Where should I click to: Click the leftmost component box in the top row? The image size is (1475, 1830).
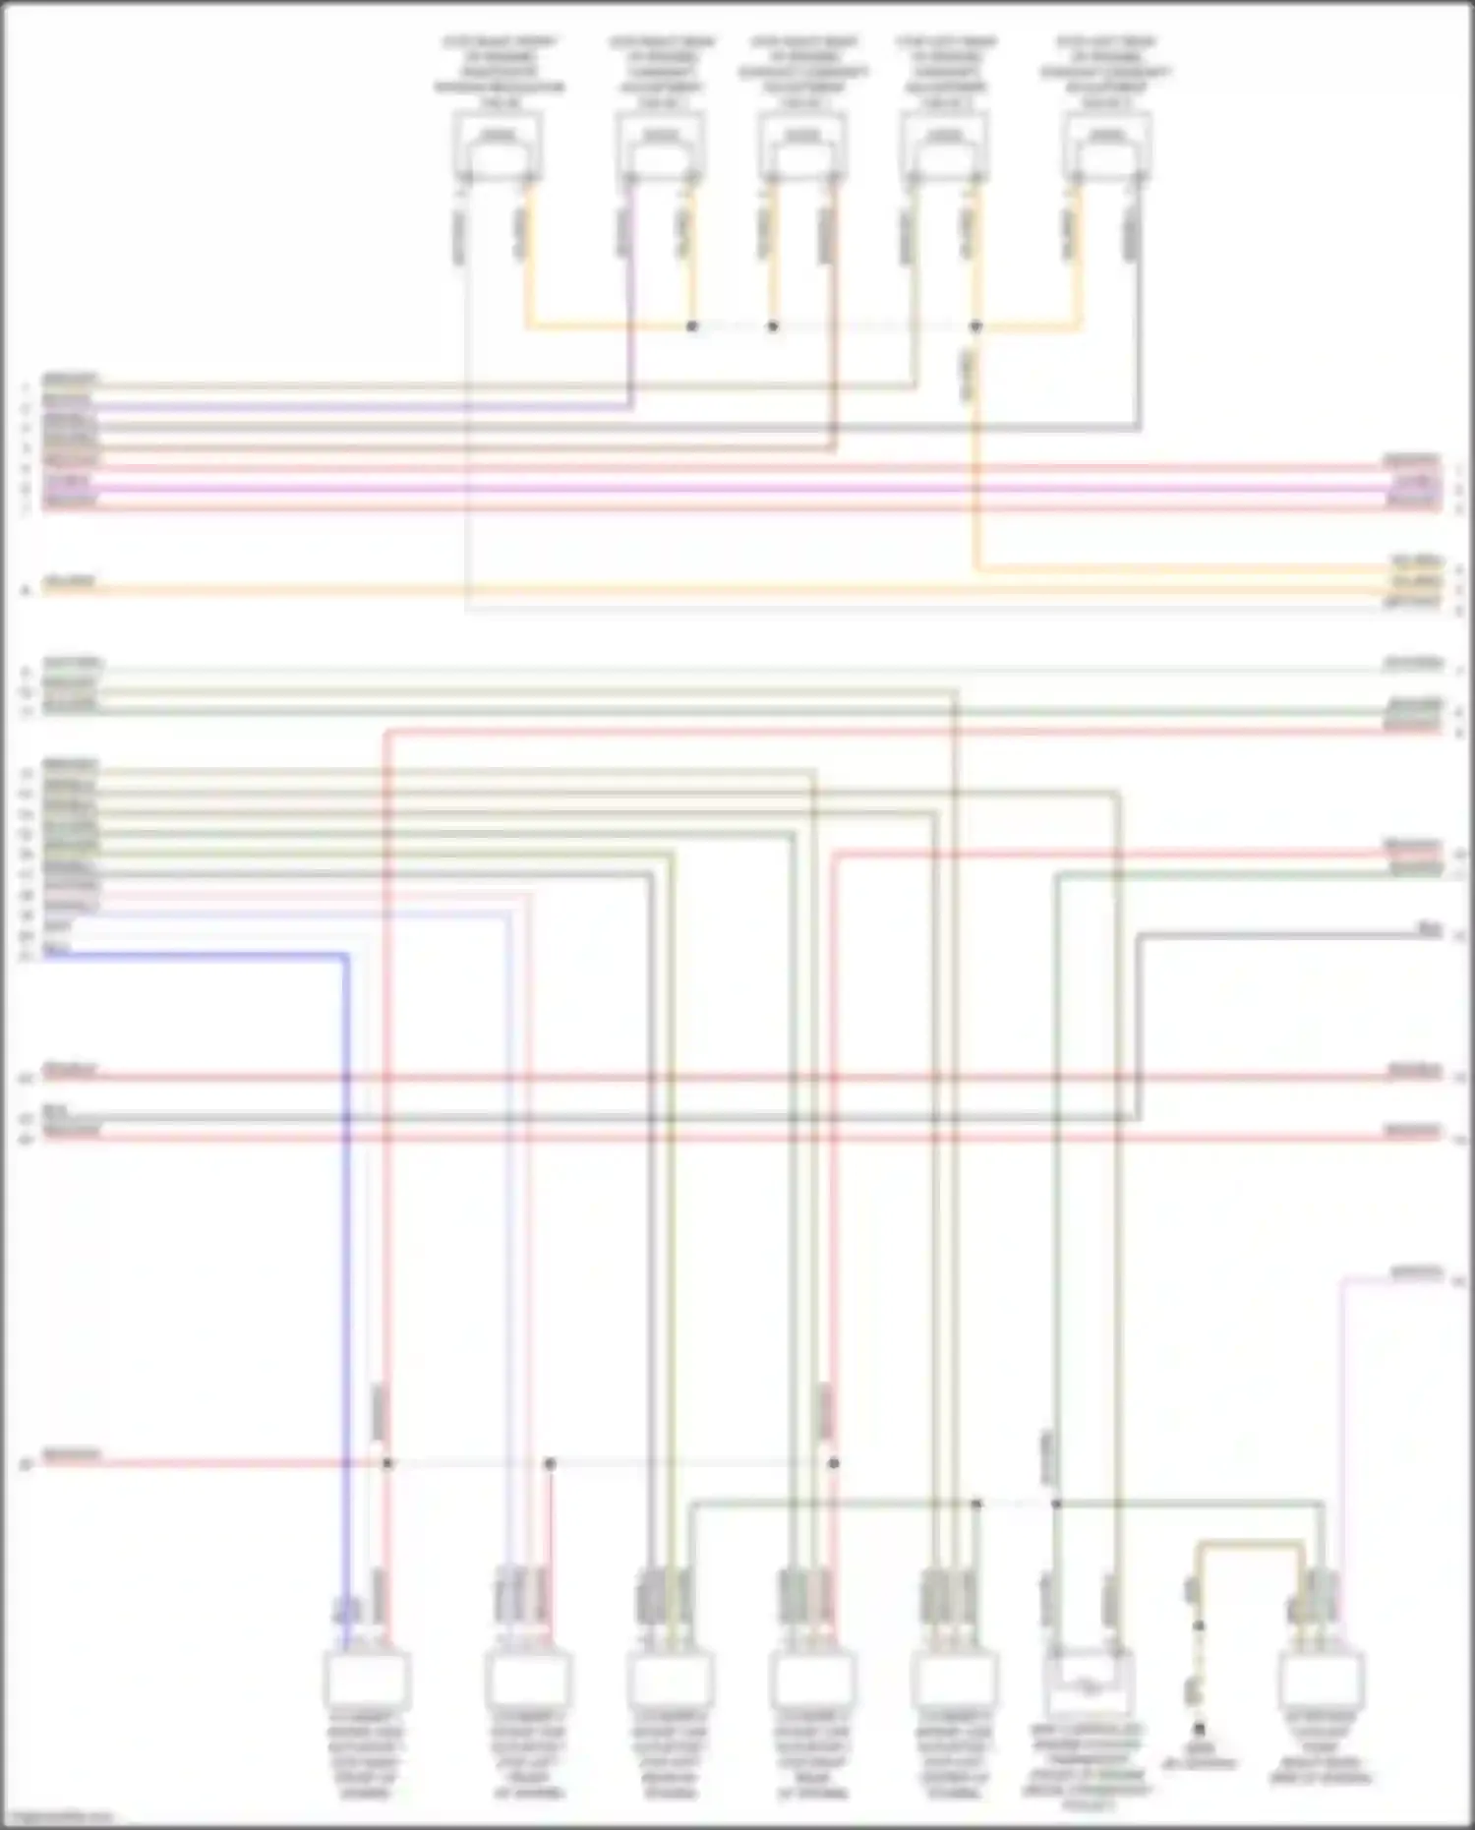click(498, 145)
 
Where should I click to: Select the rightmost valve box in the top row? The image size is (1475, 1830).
click(1107, 145)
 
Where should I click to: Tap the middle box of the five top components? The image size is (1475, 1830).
click(802, 145)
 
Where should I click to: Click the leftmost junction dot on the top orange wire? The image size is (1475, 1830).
click(692, 325)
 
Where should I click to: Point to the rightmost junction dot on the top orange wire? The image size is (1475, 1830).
click(975, 325)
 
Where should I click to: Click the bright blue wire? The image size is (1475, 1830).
click(346, 1229)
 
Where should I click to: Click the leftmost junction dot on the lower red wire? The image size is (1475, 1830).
click(387, 1463)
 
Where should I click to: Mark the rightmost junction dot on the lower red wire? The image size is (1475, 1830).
click(834, 1463)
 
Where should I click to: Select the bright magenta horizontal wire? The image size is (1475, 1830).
click(737, 489)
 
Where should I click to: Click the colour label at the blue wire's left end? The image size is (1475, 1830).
click(57, 948)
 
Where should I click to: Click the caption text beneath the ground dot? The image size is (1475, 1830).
click(1199, 1757)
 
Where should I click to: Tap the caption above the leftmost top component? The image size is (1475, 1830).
click(499, 72)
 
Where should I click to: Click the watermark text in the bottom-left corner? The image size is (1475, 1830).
click(57, 1817)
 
